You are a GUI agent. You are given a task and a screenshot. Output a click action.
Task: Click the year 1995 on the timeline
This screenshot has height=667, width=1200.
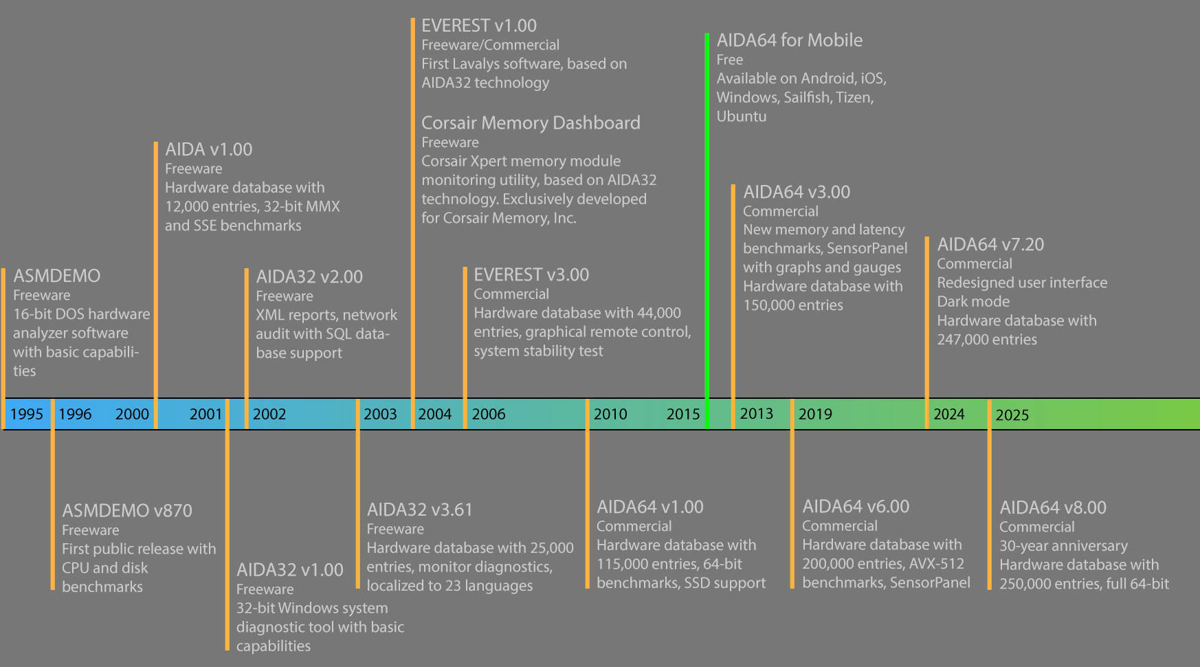[x=27, y=414]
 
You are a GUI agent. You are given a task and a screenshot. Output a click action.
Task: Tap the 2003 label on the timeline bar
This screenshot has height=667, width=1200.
[x=380, y=414]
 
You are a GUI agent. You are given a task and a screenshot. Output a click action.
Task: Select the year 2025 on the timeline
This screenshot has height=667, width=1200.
[x=1012, y=415]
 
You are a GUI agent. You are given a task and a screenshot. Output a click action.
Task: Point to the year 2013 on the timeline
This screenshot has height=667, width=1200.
[x=756, y=413]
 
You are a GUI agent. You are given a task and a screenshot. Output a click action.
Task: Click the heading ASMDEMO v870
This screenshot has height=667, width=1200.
[x=127, y=510]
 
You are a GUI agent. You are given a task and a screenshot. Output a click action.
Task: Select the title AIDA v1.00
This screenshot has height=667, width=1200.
[x=208, y=149]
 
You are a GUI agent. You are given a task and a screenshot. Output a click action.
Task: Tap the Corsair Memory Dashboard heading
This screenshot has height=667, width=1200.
[x=531, y=123]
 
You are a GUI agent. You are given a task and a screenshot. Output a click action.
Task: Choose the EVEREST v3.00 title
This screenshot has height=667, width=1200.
[x=531, y=274]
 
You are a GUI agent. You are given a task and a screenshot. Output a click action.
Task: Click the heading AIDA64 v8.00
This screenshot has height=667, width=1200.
[x=1053, y=507]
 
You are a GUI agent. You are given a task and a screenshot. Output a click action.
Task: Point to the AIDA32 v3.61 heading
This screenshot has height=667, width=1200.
[x=420, y=510]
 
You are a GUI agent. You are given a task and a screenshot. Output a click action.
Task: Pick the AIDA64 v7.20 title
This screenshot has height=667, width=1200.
[x=990, y=244]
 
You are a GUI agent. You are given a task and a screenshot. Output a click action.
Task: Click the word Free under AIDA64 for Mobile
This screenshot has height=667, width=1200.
[x=730, y=60]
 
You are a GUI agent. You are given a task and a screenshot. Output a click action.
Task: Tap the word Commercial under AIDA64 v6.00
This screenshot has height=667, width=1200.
[x=840, y=526]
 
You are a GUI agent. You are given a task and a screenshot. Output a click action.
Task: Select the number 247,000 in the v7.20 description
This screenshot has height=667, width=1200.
[x=960, y=340]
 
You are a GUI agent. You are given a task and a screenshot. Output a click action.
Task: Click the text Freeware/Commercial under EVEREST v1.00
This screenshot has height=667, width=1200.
[x=490, y=45]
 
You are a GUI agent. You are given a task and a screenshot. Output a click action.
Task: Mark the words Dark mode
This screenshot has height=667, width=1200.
[x=973, y=301]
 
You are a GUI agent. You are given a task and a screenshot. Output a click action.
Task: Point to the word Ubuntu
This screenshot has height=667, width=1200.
[x=742, y=116]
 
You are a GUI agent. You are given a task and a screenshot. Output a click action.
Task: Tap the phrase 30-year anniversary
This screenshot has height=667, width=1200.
[x=1063, y=546]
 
